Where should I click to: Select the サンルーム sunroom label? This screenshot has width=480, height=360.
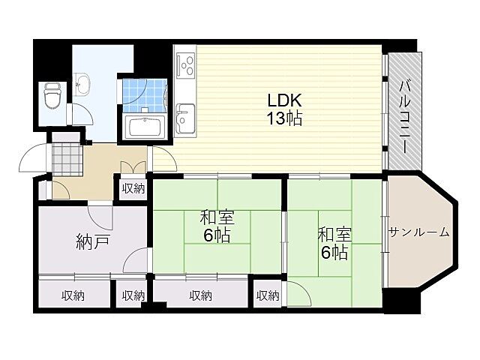pyautogui.click(x=418, y=232)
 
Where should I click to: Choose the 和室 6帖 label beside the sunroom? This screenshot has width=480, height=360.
pyautogui.click(x=334, y=243)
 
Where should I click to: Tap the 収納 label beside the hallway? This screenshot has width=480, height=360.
pyautogui.click(x=133, y=188)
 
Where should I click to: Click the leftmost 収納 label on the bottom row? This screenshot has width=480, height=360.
pyautogui.click(x=73, y=295)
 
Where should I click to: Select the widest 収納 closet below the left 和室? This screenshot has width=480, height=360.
pyautogui.click(x=200, y=295)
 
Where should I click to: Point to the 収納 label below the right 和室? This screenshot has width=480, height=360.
pyautogui.click(x=267, y=295)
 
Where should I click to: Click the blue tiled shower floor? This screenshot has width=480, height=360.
pyautogui.click(x=142, y=92)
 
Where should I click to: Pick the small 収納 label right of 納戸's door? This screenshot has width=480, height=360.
pyautogui.click(x=133, y=295)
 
